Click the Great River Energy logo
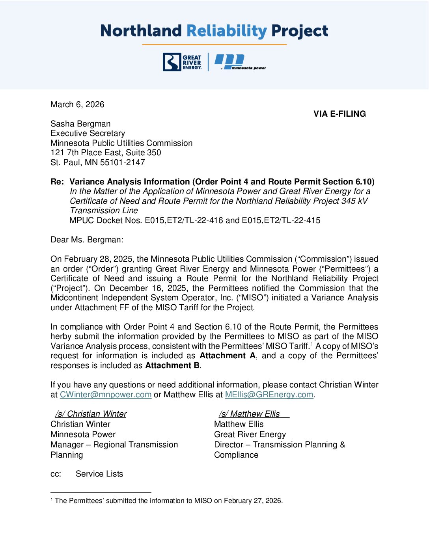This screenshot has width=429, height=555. click(182, 62)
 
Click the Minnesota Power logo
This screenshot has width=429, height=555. click(240, 62)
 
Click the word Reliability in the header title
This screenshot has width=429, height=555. click(226, 31)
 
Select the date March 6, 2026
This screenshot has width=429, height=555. click(77, 104)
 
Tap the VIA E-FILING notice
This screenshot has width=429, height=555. click(339, 114)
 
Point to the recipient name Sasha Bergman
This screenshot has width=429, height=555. click(80, 124)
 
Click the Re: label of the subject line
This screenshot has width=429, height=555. click(57, 182)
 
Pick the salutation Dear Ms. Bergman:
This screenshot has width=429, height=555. click(87, 240)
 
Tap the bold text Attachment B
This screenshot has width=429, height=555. click(172, 365)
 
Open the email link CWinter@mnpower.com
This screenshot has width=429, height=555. click(106, 395)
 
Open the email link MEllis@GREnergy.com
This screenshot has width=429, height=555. click(269, 395)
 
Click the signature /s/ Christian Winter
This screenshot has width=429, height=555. click(91, 414)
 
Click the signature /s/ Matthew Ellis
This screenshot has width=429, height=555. click(250, 414)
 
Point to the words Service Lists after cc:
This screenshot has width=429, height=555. click(99, 474)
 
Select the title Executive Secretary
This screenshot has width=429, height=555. click(88, 133)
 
